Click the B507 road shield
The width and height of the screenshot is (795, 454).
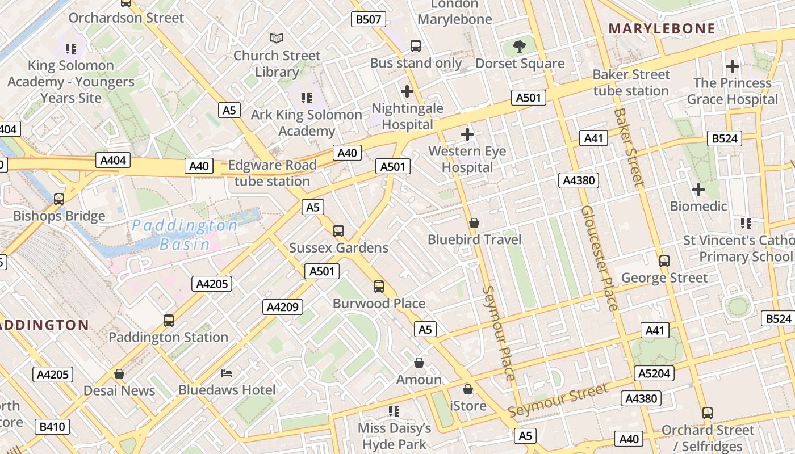point(368,19)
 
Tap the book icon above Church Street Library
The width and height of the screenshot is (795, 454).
point(277,38)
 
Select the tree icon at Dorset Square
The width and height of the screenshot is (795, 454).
point(519,46)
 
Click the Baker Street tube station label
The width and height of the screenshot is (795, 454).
point(631,82)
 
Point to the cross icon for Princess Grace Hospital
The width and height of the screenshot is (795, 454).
point(733,66)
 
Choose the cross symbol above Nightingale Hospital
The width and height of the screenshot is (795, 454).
point(407,91)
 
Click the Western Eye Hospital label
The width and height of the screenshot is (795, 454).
point(467,159)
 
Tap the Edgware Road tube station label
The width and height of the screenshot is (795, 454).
point(272,173)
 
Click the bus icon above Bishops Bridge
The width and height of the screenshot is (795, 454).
point(59,199)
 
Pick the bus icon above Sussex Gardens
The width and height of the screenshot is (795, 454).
point(338,230)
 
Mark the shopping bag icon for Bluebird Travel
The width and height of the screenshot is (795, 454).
point(474,223)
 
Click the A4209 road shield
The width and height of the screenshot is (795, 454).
point(283,307)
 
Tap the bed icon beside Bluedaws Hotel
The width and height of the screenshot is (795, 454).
point(227,373)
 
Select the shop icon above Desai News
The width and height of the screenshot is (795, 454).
point(119,374)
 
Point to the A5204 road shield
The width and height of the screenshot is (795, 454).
point(654,373)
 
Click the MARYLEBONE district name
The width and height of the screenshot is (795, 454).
point(662,28)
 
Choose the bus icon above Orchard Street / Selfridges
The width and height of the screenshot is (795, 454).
point(707,413)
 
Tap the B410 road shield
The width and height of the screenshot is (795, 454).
point(52,427)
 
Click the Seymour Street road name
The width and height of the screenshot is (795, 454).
point(558,400)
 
